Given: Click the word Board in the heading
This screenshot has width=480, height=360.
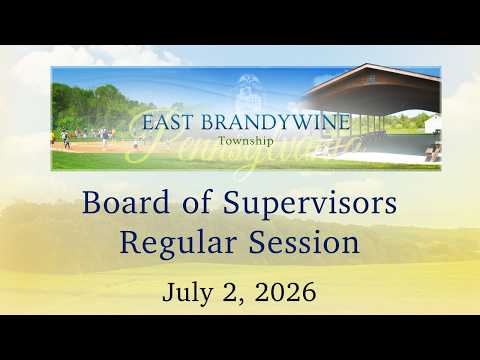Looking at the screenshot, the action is pos(126,202).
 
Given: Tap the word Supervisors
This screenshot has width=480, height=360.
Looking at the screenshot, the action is pos(310,204).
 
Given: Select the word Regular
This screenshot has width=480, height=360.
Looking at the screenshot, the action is pos(178,243).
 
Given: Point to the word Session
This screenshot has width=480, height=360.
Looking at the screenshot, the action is pos(304,242).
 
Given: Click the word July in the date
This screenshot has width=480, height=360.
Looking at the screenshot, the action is pos(187,293).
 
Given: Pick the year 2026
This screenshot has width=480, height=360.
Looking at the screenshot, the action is pos(285,292).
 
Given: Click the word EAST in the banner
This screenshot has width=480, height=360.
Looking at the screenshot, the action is pos(168,122).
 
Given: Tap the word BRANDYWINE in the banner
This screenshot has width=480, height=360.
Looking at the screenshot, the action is pos(276,122).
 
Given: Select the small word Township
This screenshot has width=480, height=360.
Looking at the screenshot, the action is pos(246,141).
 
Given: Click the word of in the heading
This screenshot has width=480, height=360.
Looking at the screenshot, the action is pos(197,202).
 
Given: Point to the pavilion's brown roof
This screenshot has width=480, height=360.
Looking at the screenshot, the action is pos(373,87).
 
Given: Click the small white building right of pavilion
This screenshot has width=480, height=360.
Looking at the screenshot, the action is pos(433,124).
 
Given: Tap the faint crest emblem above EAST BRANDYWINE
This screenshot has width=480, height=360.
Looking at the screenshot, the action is pos(248,91).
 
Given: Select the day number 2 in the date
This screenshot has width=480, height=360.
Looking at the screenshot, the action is pos(229,292).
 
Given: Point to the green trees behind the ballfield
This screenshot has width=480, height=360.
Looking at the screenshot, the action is pos(93,107).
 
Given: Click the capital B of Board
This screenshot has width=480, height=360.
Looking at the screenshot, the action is pos(91,202).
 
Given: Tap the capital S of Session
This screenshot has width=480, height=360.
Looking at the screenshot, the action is pos(257,242).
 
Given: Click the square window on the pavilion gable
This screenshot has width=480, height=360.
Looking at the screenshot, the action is pos(371,78).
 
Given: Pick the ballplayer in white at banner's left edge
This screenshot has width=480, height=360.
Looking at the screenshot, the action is pos(66,139).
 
